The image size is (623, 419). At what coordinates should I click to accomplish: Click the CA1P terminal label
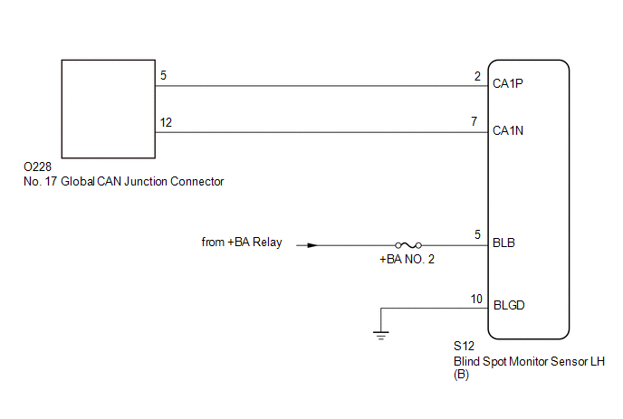(x=507, y=83)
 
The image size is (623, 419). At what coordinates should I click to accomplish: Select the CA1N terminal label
(x=508, y=130)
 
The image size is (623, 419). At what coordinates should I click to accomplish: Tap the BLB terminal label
(x=503, y=243)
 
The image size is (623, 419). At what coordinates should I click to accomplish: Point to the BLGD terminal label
(x=509, y=305)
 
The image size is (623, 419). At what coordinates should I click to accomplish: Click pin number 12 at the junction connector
(x=166, y=122)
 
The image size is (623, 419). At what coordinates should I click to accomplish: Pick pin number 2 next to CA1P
(x=477, y=76)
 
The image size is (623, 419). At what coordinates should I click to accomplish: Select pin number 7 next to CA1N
(x=474, y=121)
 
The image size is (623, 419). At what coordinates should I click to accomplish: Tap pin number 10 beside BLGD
(x=476, y=299)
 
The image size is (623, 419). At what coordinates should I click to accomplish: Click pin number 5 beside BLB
(x=477, y=234)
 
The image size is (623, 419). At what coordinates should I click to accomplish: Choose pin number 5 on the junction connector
(x=163, y=75)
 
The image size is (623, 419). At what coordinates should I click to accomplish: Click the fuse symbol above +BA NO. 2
(x=408, y=245)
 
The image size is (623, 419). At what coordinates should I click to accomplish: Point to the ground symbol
(x=381, y=335)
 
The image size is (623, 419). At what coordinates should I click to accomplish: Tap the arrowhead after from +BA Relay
(x=312, y=245)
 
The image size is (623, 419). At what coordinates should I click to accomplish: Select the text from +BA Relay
(x=242, y=242)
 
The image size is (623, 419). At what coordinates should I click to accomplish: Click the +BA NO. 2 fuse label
(x=407, y=259)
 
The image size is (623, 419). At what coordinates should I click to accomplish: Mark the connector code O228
(x=37, y=167)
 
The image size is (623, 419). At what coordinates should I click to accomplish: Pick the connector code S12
(x=464, y=346)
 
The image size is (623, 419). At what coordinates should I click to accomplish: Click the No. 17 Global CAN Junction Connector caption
(x=123, y=182)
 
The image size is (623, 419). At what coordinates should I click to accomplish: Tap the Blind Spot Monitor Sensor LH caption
(x=529, y=361)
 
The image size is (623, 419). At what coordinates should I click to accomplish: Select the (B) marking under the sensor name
(x=461, y=375)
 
